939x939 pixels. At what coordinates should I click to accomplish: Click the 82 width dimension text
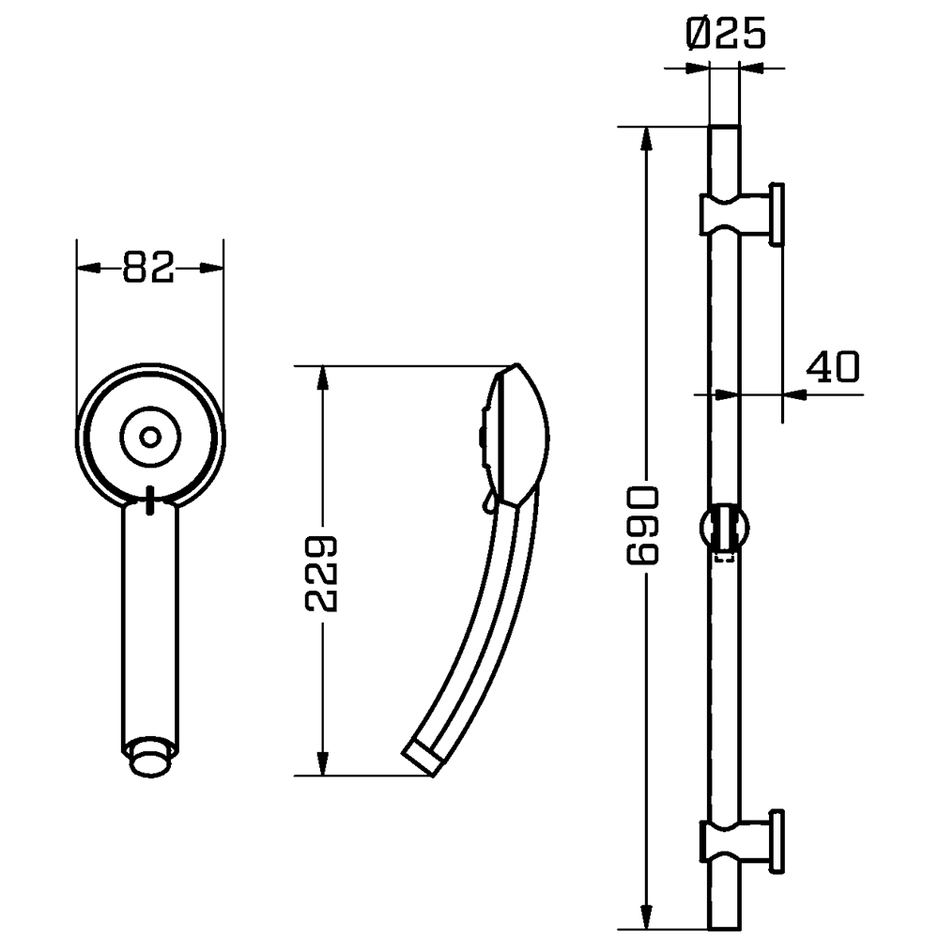pyautogui.click(x=149, y=269)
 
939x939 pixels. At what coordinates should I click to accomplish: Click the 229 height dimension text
pyautogui.click(x=322, y=575)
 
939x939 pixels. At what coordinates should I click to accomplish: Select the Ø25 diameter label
pyautogui.click(x=726, y=35)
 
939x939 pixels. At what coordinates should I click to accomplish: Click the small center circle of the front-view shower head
pyautogui.click(x=149, y=436)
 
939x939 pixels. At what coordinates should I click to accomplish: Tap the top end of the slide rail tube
pyautogui.click(x=725, y=131)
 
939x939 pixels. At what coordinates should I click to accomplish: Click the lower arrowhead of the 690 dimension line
pyautogui.click(x=646, y=915)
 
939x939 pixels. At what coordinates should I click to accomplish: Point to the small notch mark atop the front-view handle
pyautogui.click(x=149, y=500)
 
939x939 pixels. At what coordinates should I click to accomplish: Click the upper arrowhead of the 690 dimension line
pyautogui.click(x=646, y=137)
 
